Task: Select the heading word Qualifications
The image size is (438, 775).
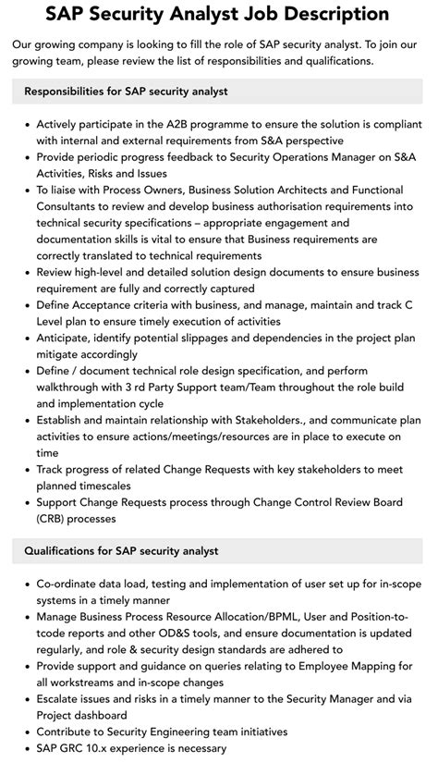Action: pyautogui.click(x=64, y=550)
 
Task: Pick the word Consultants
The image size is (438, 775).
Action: pyautogui.click(x=73, y=206)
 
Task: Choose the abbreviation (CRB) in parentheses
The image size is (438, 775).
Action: pyautogui.click(x=55, y=519)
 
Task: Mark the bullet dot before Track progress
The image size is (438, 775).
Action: pyautogui.click(x=27, y=470)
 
